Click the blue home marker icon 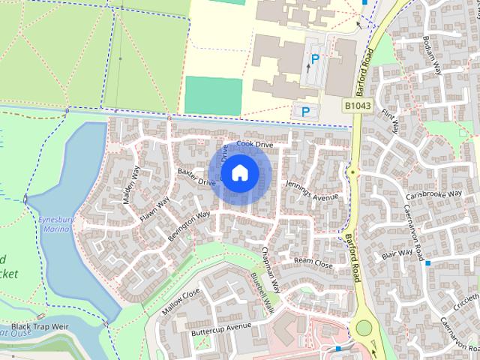(239, 173)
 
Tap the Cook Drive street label (254, 143)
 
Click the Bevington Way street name (188, 225)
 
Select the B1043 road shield (358, 107)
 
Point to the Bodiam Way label (430, 53)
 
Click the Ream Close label (313, 262)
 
